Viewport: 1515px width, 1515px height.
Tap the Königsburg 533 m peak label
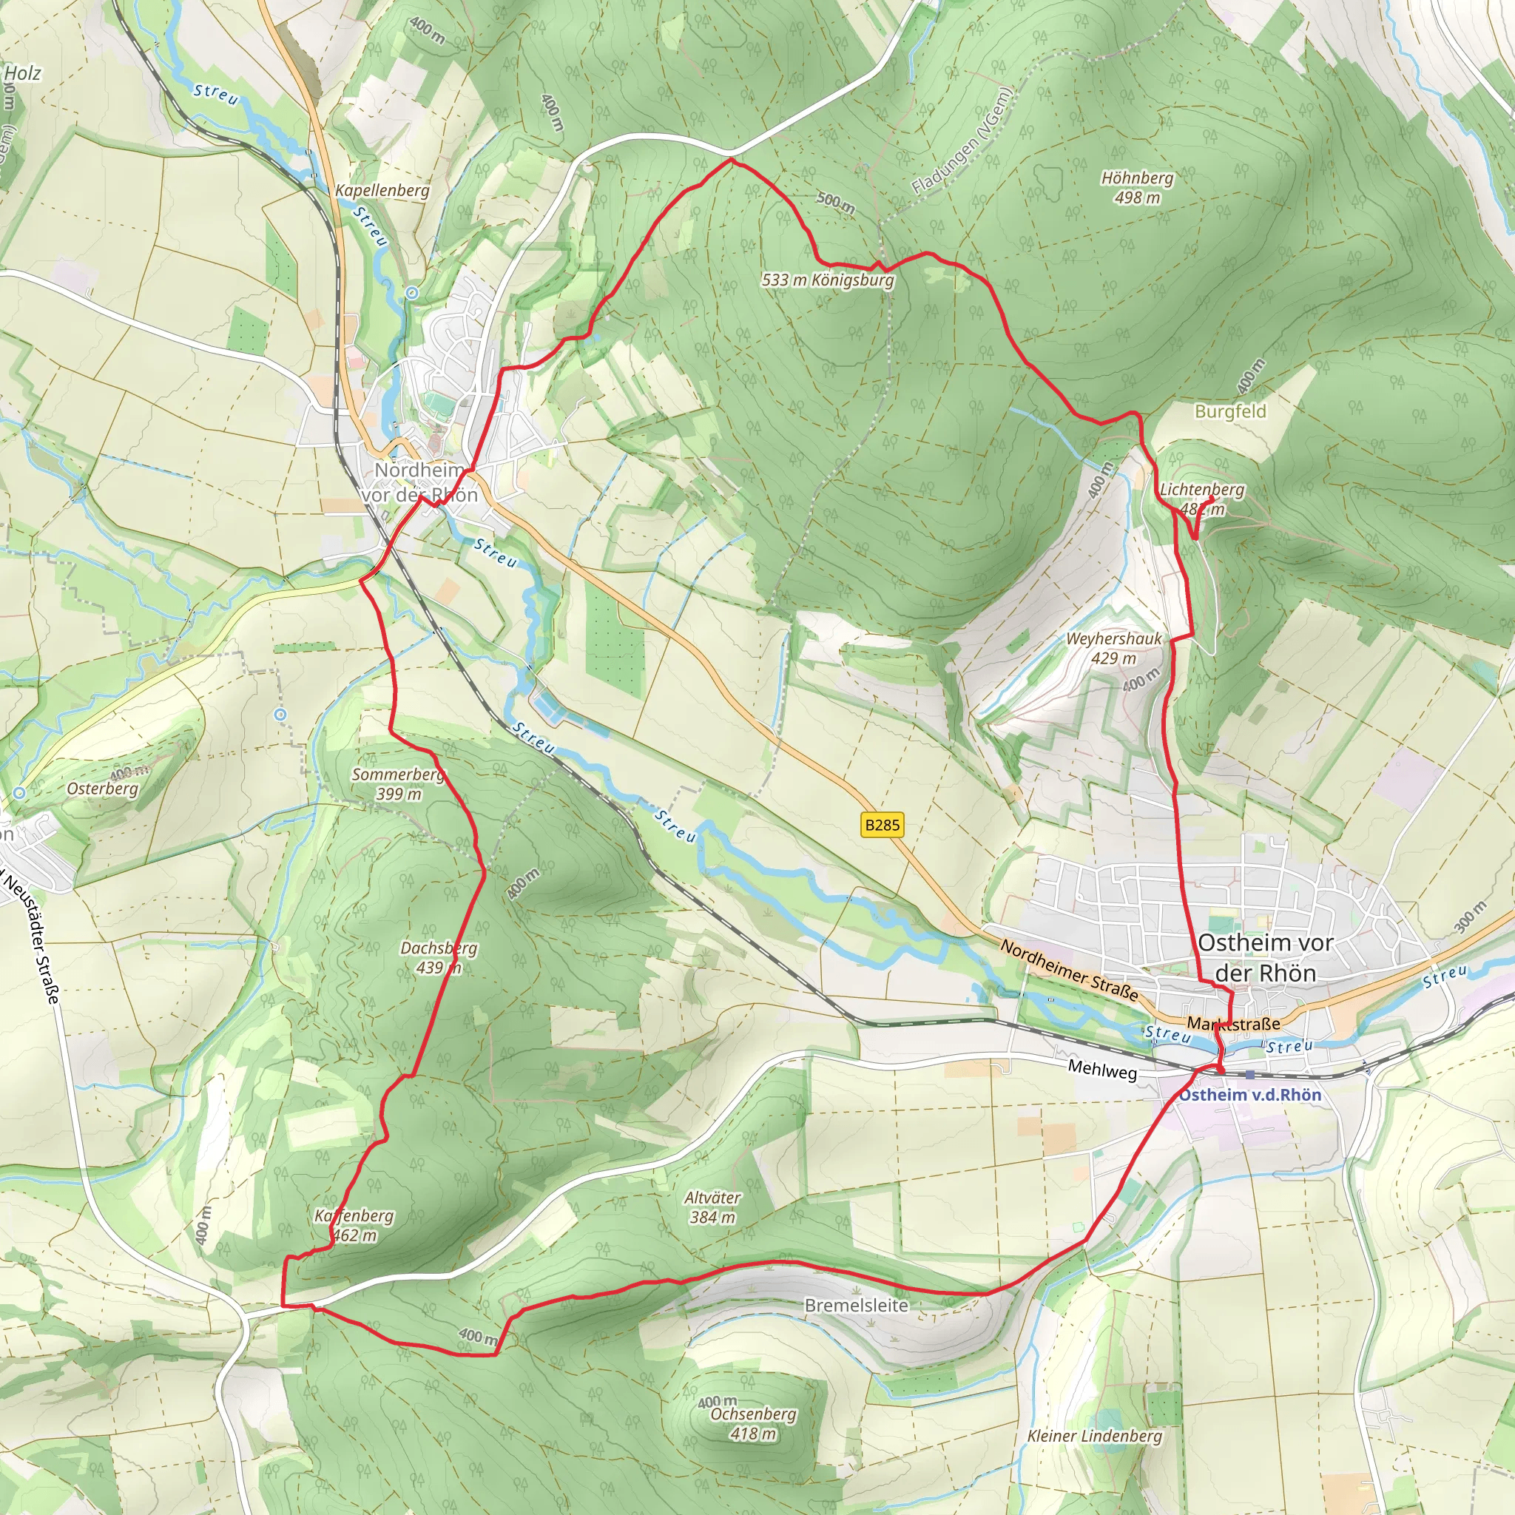pos(827,280)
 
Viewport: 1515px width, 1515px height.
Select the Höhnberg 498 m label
pos(1137,187)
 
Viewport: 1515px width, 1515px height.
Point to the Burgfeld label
pos(1230,411)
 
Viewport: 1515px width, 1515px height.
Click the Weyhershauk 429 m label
pos(1113,649)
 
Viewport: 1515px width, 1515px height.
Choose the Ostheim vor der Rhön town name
pos(1265,957)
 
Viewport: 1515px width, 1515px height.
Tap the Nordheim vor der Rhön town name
pos(420,482)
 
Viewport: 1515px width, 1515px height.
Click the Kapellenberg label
pos(382,191)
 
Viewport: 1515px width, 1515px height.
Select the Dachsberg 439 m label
pos(439,957)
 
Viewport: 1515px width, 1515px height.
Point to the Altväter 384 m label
pos(712,1207)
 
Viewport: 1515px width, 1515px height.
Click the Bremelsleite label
pos(857,1306)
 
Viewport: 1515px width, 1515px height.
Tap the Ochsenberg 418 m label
pos(752,1423)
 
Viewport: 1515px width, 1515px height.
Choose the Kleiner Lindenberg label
pos(1095,1436)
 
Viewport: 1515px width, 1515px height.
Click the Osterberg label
pos(103,788)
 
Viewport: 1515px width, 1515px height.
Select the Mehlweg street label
pos(1101,1070)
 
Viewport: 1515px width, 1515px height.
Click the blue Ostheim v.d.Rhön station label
pos(1251,1095)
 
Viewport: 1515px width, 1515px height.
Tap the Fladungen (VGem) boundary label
pos(963,141)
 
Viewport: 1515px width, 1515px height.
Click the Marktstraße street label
pos(1233,1023)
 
